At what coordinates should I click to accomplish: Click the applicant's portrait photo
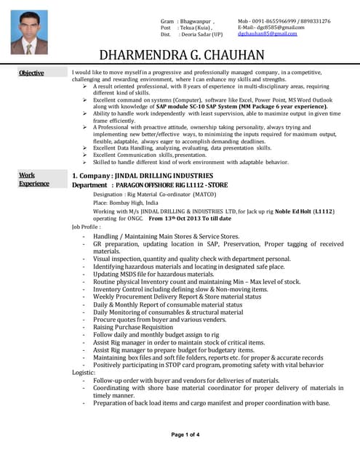(x=30, y=33)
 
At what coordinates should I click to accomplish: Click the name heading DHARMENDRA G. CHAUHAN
(x=181, y=56)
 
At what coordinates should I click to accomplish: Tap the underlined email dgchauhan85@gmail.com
(x=268, y=34)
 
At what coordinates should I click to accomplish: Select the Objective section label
(x=31, y=73)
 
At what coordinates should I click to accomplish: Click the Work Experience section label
(x=33, y=179)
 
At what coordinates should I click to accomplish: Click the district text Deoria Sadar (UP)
(x=201, y=34)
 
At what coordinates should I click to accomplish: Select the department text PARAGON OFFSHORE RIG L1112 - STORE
(x=160, y=185)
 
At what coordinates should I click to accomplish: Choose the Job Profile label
(x=86, y=227)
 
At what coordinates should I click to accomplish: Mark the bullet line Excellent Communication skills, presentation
(x=150, y=155)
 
